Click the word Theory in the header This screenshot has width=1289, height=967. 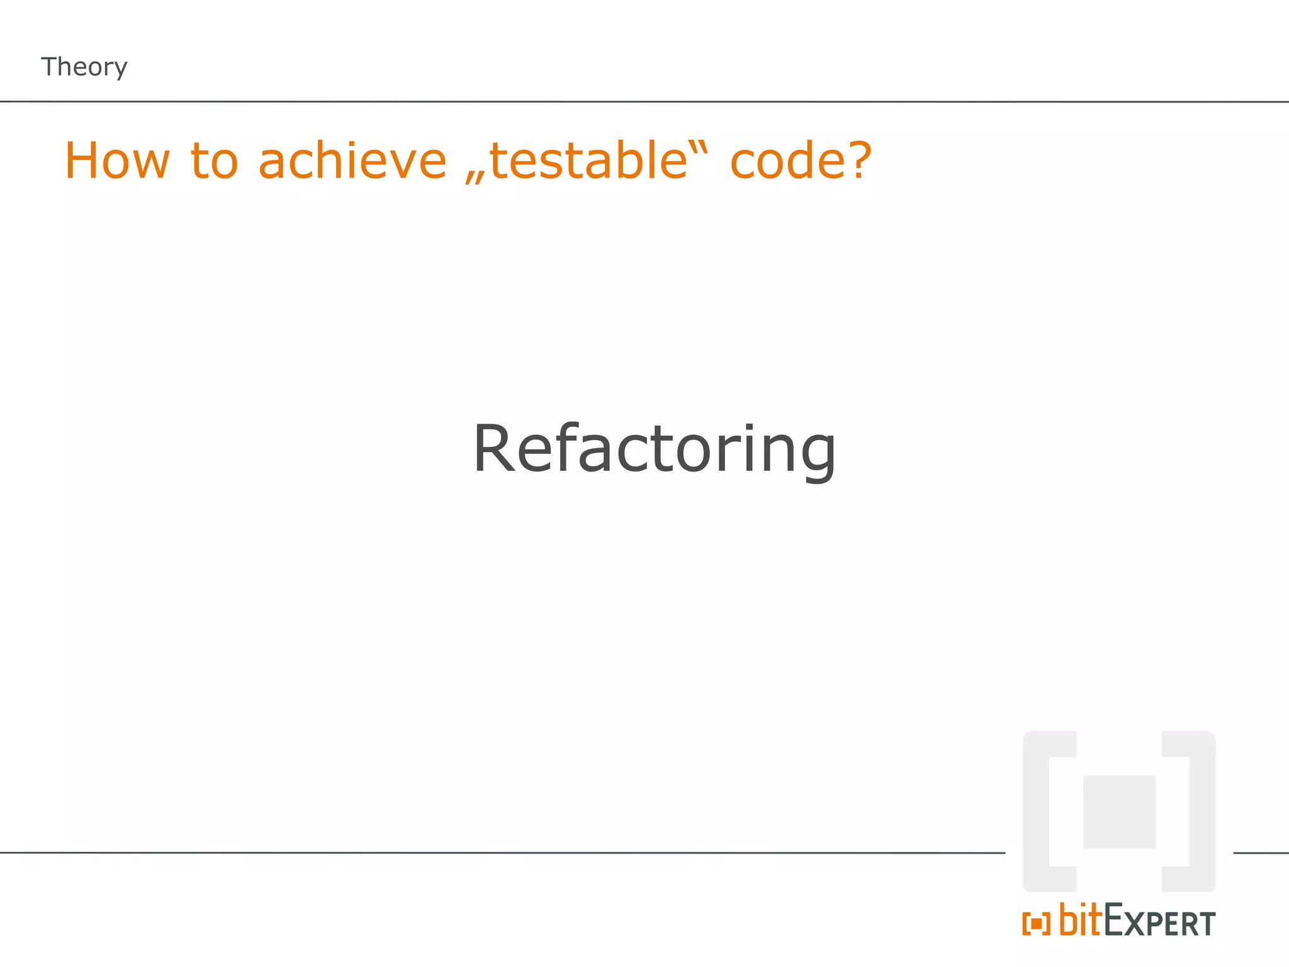(x=84, y=67)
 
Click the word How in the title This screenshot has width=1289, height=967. (x=117, y=161)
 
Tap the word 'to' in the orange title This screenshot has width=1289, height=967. (x=214, y=161)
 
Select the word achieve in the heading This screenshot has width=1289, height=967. (x=352, y=161)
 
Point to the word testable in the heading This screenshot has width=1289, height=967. (x=588, y=161)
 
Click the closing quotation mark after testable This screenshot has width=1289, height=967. (x=701, y=149)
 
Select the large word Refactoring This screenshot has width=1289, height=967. (x=655, y=448)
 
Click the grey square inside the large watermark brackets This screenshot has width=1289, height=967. (x=1119, y=811)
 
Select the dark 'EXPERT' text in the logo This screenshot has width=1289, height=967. (x=1159, y=922)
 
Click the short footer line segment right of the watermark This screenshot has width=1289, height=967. (x=1261, y=853)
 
